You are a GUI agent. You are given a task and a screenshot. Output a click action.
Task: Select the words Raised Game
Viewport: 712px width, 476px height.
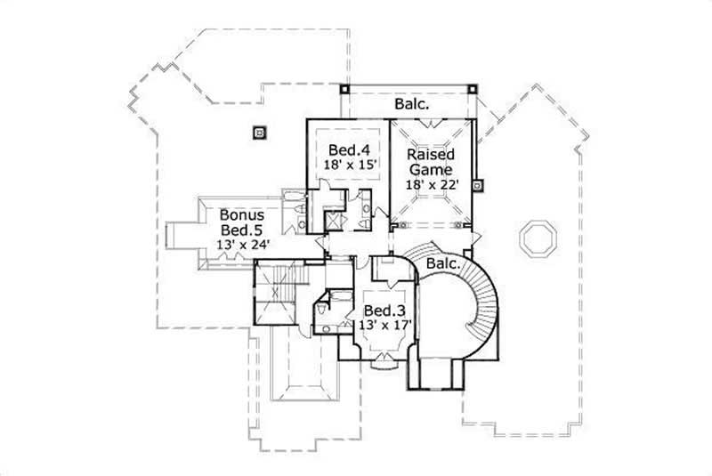coord(431,162)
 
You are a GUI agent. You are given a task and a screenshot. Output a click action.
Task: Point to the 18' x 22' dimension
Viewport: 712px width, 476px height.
coord(431,184)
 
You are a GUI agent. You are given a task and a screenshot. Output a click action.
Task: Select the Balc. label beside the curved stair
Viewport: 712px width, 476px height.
coord(443,264)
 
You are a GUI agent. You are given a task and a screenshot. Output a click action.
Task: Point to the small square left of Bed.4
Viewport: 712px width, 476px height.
coord(260,133)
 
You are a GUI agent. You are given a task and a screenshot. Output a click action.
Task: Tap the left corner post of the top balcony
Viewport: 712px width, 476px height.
coord(344,89)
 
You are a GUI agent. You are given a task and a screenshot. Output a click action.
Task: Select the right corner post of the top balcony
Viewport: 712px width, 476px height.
coord(473,89)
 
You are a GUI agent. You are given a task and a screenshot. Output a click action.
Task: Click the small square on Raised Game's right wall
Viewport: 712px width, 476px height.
coord(478,186)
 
